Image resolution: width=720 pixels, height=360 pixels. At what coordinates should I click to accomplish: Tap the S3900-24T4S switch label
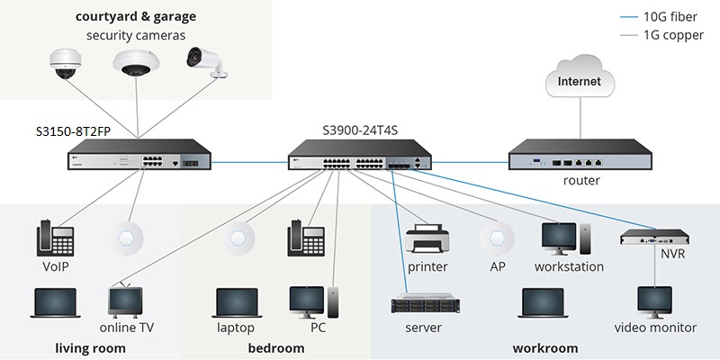coord(360,130)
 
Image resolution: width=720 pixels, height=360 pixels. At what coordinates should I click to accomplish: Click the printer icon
coord(427,240)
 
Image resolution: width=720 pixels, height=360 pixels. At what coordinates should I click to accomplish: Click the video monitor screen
coord(653,301)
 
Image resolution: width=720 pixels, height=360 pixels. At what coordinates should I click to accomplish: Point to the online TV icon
coord(126,301)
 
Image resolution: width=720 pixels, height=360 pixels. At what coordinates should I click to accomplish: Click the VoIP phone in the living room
coord(54,239)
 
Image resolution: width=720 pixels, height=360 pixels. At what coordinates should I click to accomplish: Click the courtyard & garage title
coord(136,16)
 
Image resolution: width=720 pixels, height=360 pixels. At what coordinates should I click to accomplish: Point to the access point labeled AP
coord(497,239)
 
